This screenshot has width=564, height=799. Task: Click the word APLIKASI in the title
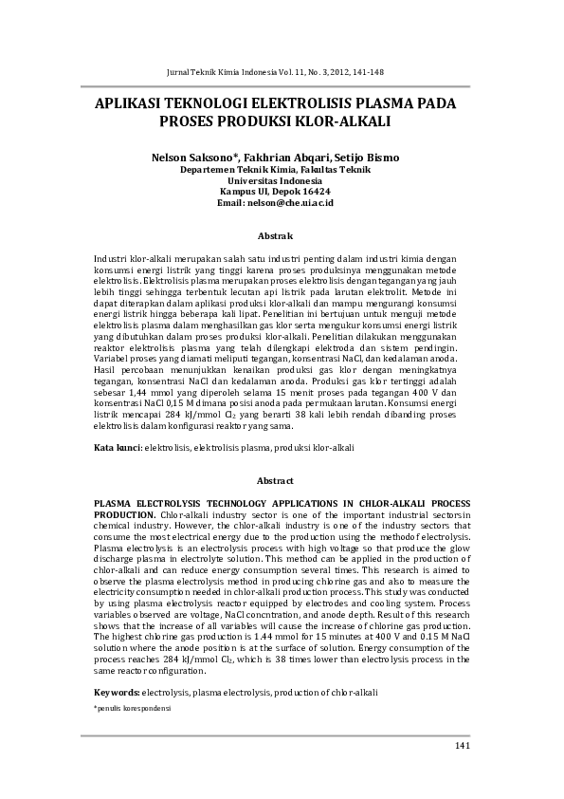point(135,104)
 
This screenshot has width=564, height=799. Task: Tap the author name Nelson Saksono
point(200,157)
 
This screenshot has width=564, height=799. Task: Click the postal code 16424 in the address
point(314,192)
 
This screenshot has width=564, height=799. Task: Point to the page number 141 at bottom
point(463,746)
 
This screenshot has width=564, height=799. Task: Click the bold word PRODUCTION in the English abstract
point(125,513)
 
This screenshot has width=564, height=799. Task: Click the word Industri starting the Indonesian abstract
point(112,258)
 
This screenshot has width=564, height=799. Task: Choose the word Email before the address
point(231,203)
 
